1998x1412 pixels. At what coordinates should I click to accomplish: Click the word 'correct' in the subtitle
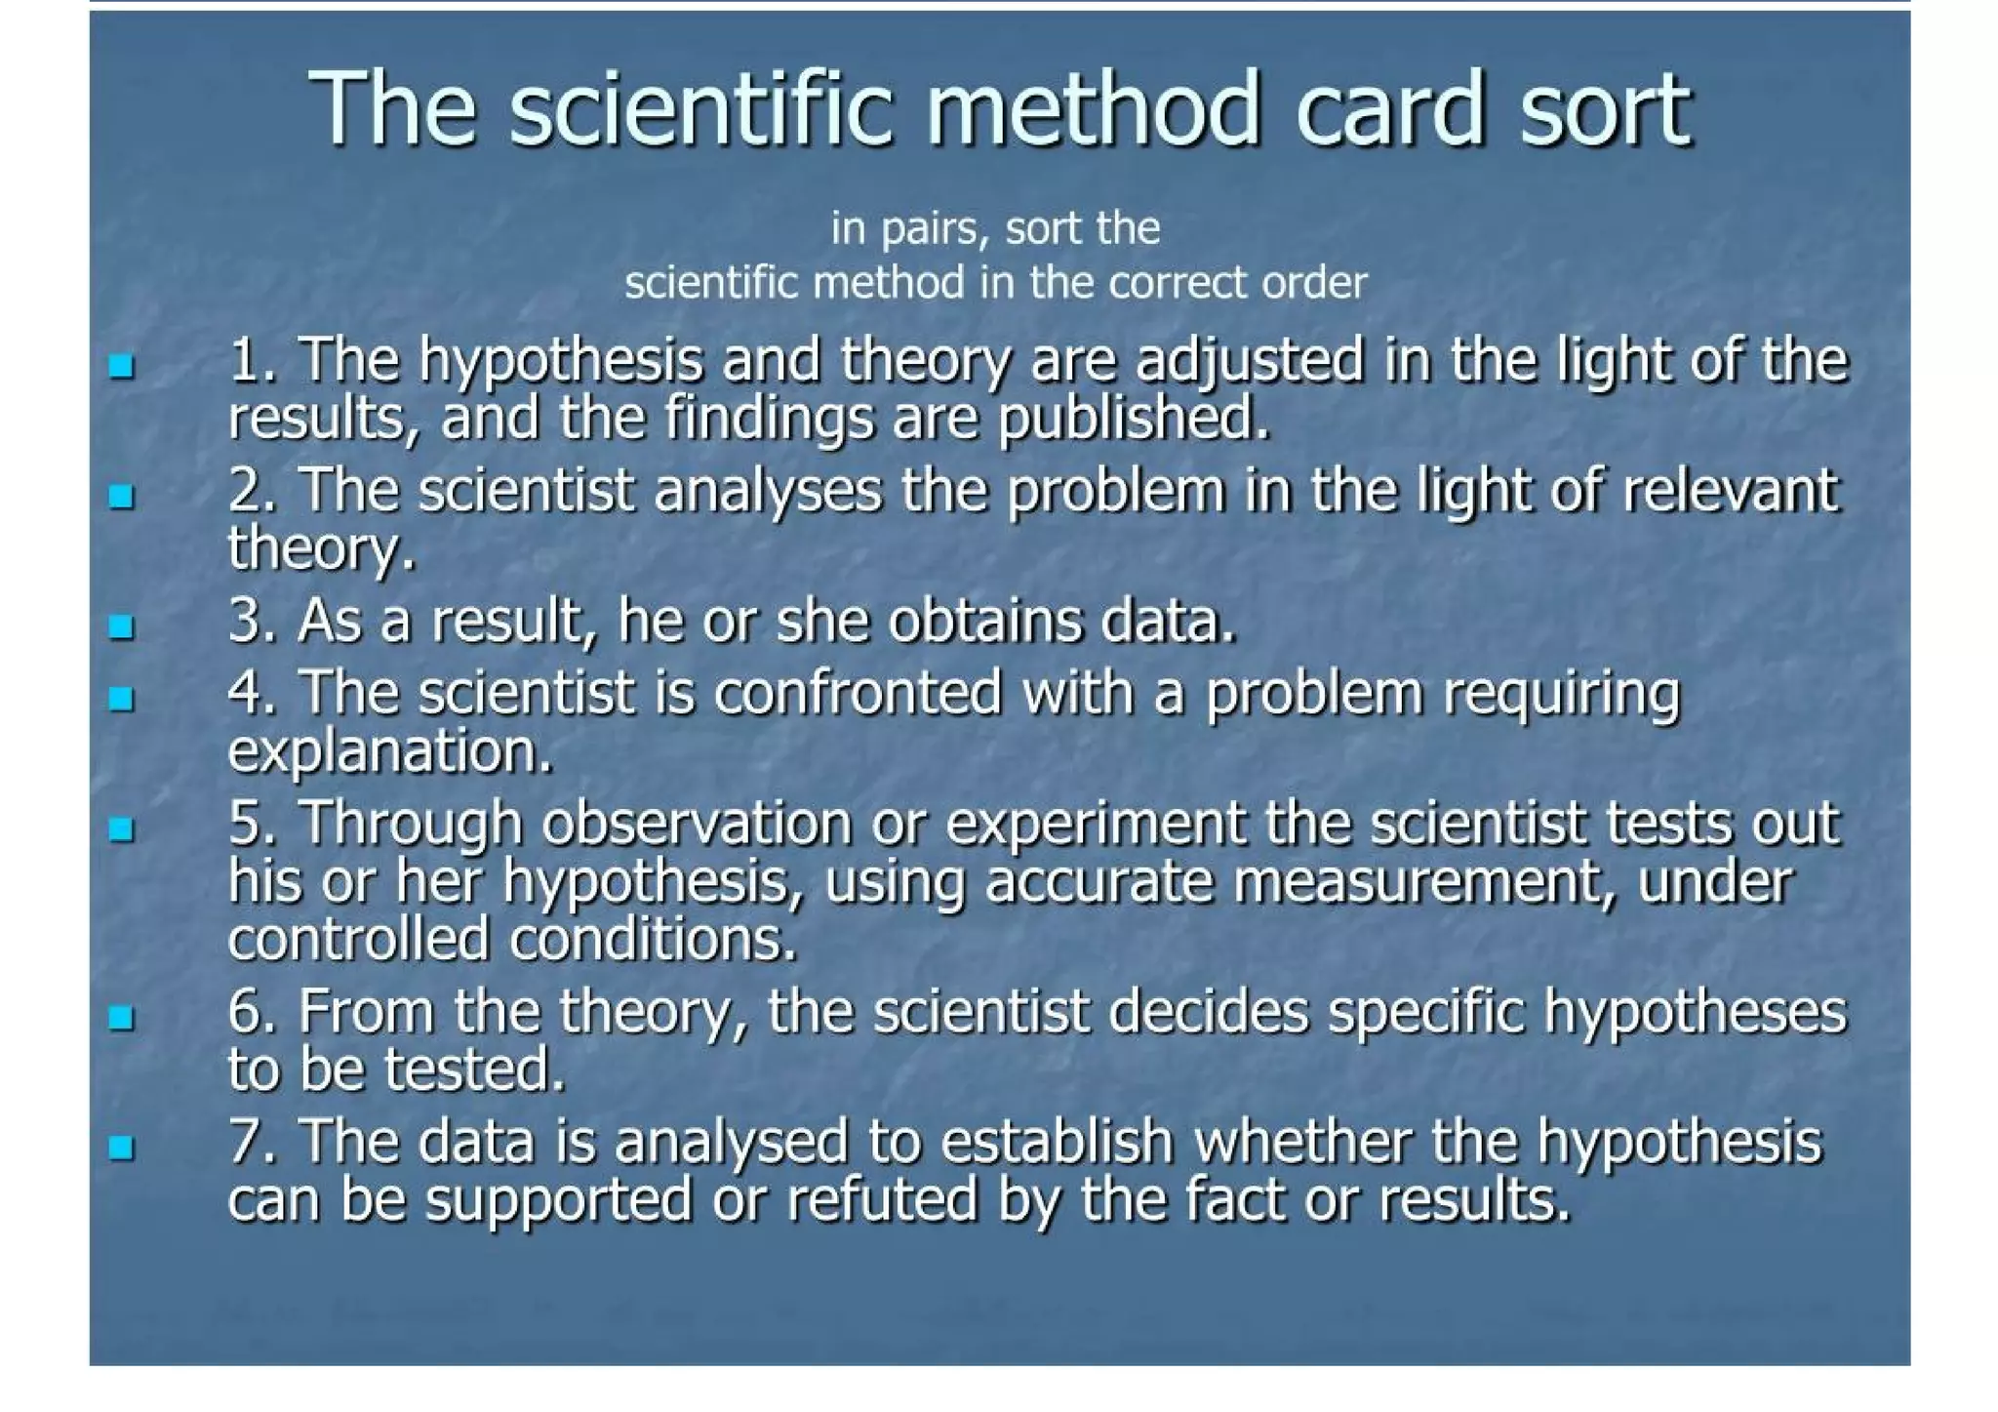1179,283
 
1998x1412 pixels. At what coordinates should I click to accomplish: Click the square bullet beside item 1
121,367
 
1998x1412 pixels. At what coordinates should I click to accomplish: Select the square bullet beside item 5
121,829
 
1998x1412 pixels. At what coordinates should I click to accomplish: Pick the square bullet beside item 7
121,1148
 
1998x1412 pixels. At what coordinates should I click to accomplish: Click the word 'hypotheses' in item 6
1695,1011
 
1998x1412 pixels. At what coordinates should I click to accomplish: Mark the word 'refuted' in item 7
880,1200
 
